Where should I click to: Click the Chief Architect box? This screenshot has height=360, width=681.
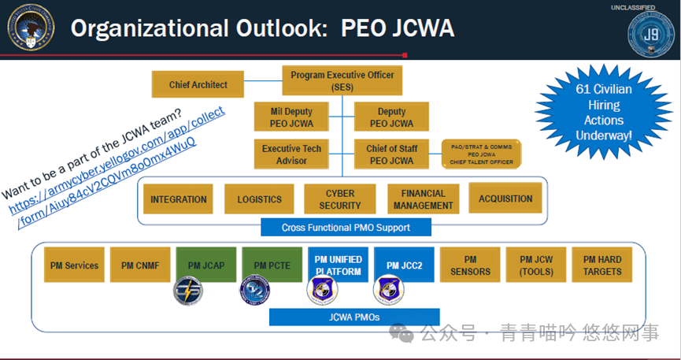click(x=198, y=84)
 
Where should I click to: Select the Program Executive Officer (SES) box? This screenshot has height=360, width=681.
click(x=342, y=80)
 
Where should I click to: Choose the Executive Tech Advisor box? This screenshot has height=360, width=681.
click(x=292, y=154)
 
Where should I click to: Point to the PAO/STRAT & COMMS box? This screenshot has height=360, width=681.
click(x=483, y=153)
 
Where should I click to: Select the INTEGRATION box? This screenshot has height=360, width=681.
click(x=179, y=199)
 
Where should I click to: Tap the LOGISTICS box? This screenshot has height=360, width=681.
click(x=259, y=199)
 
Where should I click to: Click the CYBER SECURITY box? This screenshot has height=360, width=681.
click(x=340, y=199)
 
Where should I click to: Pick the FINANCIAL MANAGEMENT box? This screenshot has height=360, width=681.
click(x=422, y=199)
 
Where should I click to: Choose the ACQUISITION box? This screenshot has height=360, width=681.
click(x=505, y=199)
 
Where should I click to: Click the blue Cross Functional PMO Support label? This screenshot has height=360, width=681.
click(x=346, y=228)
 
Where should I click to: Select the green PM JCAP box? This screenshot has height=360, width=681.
click(x=207, y=265)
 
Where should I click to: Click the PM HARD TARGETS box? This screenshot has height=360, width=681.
click(x=602, y=265)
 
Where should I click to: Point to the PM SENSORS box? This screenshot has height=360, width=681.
click(x=470, y=265)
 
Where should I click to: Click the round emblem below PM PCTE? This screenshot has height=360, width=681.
click(x=254, y=290)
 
